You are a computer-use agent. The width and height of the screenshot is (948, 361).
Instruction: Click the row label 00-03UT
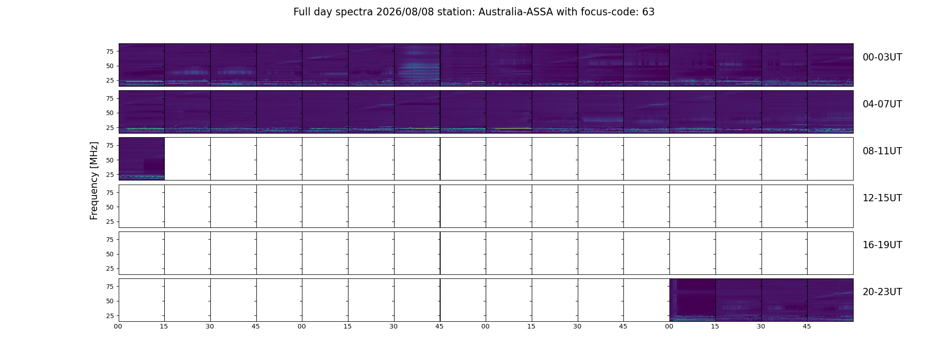pos(882,57)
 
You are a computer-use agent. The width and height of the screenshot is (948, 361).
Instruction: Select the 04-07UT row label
pos(882,104)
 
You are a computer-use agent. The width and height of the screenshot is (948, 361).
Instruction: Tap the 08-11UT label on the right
pos(882,151)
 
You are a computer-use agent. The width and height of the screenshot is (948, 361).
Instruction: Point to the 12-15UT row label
pos(882,198)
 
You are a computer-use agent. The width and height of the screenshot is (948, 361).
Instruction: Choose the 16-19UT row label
pos(882,245)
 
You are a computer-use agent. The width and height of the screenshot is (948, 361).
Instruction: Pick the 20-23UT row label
pos(882,292)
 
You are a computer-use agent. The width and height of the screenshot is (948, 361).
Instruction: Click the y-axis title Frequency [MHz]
pos(94,180)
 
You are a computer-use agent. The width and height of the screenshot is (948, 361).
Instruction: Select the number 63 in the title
pos(648,12)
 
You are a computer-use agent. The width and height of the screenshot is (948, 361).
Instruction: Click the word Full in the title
pos(302,12)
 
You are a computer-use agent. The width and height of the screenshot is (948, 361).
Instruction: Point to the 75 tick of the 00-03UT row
pos(110,51)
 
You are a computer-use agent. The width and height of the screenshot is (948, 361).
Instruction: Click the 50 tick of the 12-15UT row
pos(110,207)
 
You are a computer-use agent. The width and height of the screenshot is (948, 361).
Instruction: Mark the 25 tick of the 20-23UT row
pos(110,316)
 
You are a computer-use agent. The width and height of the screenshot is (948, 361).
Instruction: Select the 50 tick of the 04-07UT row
pos(110,113)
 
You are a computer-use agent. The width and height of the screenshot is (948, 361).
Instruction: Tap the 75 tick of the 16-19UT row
pos(110,240)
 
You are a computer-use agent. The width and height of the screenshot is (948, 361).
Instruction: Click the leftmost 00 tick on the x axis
pos(118,326)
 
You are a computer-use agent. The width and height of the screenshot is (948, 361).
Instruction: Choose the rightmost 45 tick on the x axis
pos(807,326)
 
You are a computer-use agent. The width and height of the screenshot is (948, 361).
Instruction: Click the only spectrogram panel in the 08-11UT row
pos(142,159)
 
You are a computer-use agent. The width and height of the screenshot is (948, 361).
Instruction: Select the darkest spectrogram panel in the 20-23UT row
pos(693,300)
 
